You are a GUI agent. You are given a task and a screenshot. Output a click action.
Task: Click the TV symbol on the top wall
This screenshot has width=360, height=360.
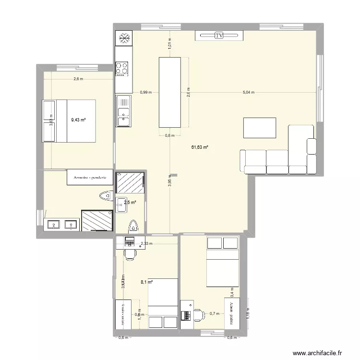(219, 36)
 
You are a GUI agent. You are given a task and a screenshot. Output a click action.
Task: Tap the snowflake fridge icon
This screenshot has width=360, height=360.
(124, 38)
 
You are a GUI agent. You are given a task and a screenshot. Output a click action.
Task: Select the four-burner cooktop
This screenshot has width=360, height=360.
(122, 68)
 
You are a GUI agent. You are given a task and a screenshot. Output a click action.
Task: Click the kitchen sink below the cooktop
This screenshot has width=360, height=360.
(123, 110)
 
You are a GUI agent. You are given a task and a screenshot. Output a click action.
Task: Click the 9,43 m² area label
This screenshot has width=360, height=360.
(78, 120)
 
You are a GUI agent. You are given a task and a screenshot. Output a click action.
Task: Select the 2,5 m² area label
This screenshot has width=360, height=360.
(130, 203)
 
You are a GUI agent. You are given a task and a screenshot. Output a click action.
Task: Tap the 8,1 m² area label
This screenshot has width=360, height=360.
(146, 283)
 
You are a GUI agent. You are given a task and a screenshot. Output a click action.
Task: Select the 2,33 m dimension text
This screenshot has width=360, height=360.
(146, 243)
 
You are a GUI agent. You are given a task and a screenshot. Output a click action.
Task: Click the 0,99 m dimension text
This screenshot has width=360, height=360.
(146, 92)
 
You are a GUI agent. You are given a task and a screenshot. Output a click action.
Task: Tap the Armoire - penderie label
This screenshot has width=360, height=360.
(90, 177)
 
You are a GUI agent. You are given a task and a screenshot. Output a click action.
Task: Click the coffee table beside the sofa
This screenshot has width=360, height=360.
(260, 128)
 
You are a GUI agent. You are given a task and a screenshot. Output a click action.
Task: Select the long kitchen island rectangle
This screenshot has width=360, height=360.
(170, 92)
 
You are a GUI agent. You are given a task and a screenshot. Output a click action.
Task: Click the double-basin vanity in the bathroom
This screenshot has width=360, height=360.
(61, 224)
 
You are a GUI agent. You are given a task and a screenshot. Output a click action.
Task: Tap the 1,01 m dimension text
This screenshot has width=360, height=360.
(169, 44)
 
